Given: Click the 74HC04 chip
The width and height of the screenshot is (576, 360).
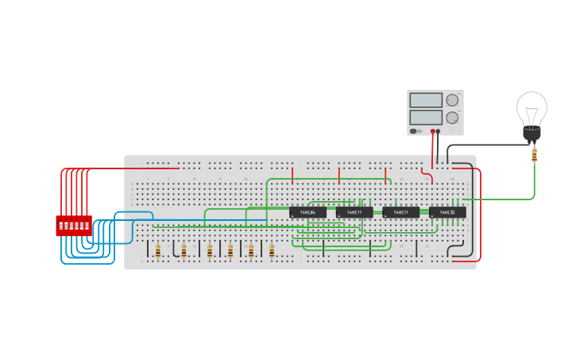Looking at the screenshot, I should click(x=307, y=212).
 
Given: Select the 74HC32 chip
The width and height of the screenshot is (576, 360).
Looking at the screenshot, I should click(x=447, y=212).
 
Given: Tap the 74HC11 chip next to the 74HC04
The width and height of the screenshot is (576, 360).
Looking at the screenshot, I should click(x=354, y=212).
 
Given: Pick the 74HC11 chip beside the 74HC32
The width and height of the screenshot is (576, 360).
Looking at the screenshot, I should click(x=400, y=212).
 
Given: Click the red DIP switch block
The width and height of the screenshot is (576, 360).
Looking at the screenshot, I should click(x=73, y=225).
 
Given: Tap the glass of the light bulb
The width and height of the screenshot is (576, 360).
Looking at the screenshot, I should click(x=532, y=108).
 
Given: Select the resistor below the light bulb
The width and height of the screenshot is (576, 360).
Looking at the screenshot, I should click(x=534, y=155).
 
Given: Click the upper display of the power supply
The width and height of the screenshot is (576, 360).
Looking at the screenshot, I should click(x=426, y=100).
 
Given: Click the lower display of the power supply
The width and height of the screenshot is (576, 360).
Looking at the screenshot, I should click(x=426, y=117).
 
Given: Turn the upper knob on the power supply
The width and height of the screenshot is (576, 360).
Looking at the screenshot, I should click(x=452, y=100).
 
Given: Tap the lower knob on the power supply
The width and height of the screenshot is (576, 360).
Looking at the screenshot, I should click(x=452, y=118).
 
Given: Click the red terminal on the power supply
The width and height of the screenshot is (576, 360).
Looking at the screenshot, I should click(x=433, y=131).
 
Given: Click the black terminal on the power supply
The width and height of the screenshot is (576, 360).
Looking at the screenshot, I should click(x=439, y=131).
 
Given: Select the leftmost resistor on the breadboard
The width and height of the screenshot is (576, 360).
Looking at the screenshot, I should click(x=157, y=251).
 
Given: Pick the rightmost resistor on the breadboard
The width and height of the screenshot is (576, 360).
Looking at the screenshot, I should click(x=272, y=251).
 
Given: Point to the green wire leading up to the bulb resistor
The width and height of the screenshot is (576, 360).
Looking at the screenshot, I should click(x=534, y=183).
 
